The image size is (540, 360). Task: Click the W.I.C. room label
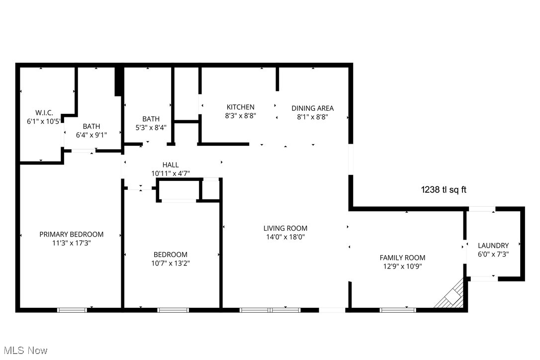coord(44,113)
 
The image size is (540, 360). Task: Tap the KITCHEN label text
coord(240,107)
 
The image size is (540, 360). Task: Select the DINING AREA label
coord(312,108)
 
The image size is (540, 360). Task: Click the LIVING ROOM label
coord(285,228)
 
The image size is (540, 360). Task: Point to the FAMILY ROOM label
coord(402,258)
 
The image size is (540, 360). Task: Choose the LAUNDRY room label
coord(493,245)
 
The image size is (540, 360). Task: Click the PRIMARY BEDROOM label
coord(72,234)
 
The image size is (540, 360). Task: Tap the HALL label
coord(171,165)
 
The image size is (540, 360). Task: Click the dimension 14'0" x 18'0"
coord(285,237)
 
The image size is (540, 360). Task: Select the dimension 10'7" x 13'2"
coord(171,263)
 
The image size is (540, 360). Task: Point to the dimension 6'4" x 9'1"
coord(91,135)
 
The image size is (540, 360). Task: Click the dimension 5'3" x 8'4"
coord(151,127)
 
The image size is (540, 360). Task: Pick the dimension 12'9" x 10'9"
coord(402,266)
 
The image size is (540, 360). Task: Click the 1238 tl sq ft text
coord(444,189)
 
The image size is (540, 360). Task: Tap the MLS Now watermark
coord(24,351)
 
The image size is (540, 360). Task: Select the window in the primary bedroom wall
coord(72,310)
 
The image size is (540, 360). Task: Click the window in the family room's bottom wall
coord(398,310)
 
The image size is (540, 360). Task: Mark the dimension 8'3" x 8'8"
coord(240,116)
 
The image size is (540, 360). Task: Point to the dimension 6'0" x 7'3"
coord(493,254)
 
